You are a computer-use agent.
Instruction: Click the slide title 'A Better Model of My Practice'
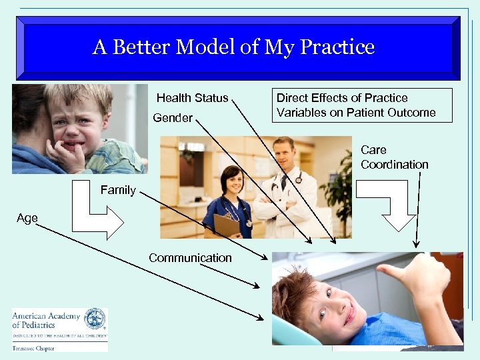[x=233, y=47]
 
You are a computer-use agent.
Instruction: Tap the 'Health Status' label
[x=192, y=98]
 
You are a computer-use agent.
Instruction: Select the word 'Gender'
[x=173, y=118]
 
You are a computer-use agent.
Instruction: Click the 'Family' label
[x=118, y=190]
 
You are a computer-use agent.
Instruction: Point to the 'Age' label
[x=27, y=218]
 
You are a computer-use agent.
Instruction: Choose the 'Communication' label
[x=190, y=257]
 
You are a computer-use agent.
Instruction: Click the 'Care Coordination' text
[x=394, y=157]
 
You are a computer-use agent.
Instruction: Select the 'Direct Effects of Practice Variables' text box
[x=356, y=105]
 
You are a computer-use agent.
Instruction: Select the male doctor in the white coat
[x=285, y=187]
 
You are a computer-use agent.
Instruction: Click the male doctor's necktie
[x=285, y=181]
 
